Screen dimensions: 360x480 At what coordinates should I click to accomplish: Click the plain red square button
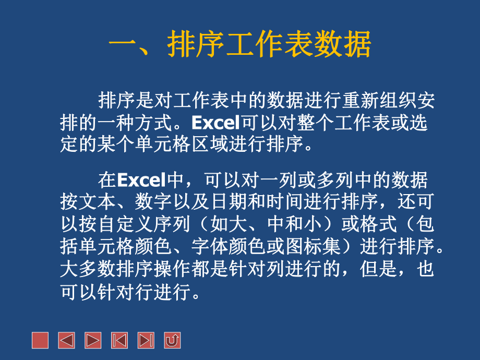click(x=40, y=340)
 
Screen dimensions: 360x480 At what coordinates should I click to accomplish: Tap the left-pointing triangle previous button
click(x=66, y=340)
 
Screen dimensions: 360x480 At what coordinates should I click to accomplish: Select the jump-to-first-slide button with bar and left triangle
click(x=119, y=340)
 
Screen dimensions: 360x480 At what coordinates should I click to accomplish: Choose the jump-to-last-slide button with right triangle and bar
click(x=146, y=340)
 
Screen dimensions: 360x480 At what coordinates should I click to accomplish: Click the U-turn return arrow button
click(x=172, y=340)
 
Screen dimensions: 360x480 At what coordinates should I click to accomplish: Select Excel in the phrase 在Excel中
click(x=140, y=181)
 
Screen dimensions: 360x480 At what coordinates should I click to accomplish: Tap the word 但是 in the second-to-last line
click(x=379, y=269)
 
